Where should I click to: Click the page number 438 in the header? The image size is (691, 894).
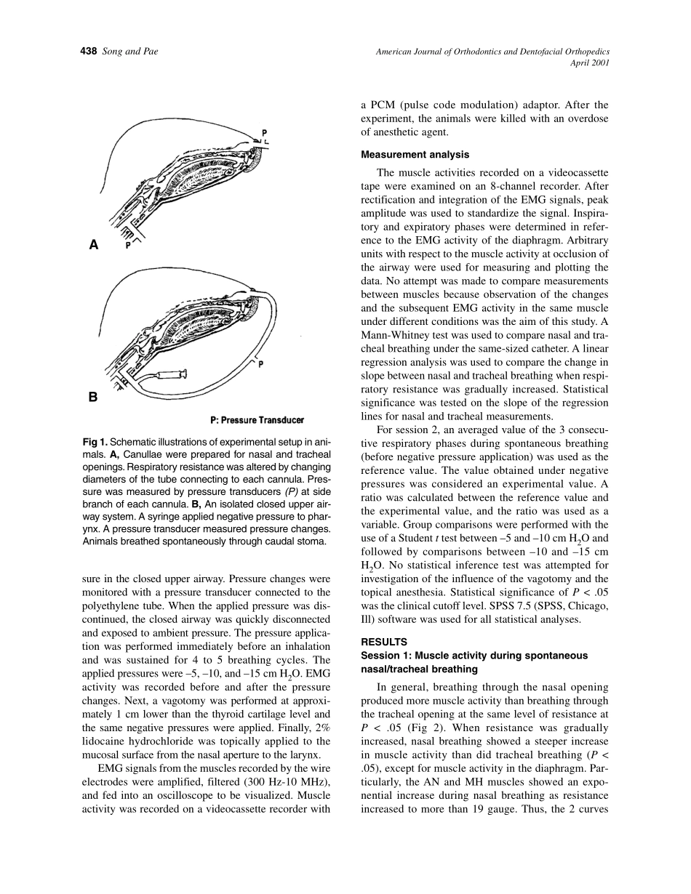[88, 52]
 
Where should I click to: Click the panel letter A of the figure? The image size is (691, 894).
[94, 246]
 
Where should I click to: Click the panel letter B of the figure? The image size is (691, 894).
[93, 397]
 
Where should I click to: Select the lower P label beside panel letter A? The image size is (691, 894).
[129, 246]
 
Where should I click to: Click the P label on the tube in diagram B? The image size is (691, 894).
[260, 363]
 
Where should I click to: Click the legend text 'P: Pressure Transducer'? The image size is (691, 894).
[257, 420]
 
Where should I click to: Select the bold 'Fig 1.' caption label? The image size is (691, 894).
[95, 442]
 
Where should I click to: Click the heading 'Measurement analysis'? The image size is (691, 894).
[415, 155]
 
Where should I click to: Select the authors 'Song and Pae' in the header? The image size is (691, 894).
[130, 52]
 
